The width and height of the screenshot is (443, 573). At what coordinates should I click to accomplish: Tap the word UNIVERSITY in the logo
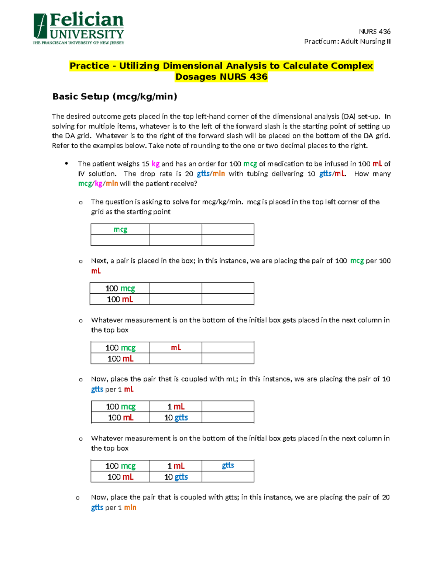[x=87, y=35]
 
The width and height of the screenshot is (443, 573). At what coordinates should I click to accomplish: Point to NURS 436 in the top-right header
[x=374, y=31]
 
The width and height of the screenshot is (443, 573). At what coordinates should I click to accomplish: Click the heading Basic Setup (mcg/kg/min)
[x=115, y=97]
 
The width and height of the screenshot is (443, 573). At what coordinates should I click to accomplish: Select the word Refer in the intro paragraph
[x=61, y=146]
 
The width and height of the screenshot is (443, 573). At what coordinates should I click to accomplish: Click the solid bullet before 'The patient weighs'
[x=66, y=163]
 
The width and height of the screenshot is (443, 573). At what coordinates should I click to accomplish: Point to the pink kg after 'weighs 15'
[x=155, y=164]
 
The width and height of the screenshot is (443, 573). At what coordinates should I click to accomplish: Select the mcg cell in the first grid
[x=120, y=229]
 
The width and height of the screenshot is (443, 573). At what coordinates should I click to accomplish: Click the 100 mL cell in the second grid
[x=120, y=299]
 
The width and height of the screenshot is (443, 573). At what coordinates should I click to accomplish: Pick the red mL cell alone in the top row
[x=176, y=348]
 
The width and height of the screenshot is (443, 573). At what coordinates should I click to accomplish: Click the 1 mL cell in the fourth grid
[x=176, y=407]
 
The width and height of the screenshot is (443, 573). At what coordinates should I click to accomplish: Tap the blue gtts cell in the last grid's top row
[x=228, y=466]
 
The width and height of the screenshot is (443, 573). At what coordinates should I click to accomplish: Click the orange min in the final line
[x=130, y=508]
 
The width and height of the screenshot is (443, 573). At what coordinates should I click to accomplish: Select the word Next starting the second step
[x=99, y=261]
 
